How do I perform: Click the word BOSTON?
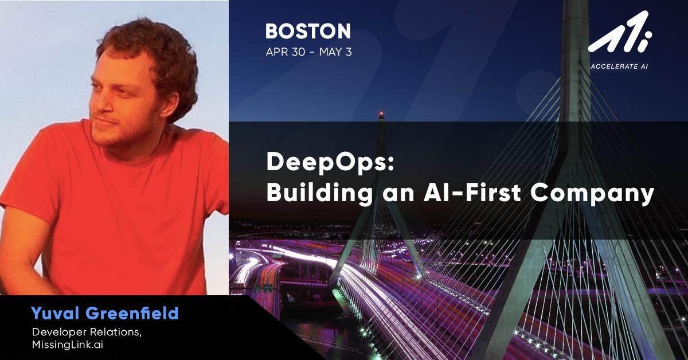308,31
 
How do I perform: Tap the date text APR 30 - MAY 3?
308,52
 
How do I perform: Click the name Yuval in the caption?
57,314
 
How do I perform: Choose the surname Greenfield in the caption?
132,314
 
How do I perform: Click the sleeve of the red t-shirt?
26,189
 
